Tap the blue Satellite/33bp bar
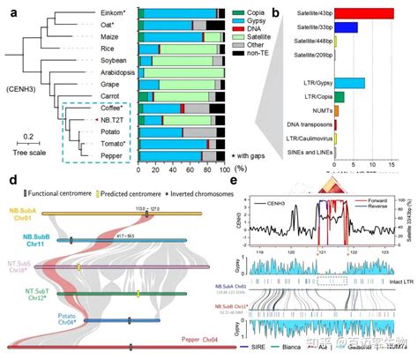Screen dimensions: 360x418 click(344, 27)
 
